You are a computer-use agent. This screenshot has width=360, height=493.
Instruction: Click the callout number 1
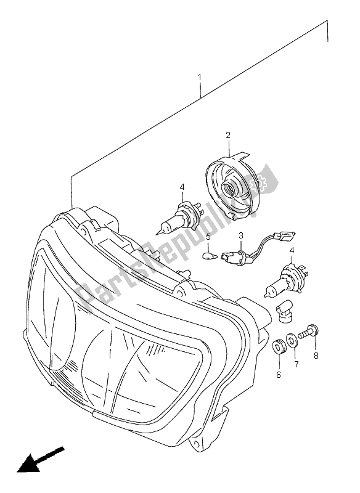pos(200,79)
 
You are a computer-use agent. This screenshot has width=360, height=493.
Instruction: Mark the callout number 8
pos(316,355)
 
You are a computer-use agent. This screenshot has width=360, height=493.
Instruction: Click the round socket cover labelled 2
pos(234,185)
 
